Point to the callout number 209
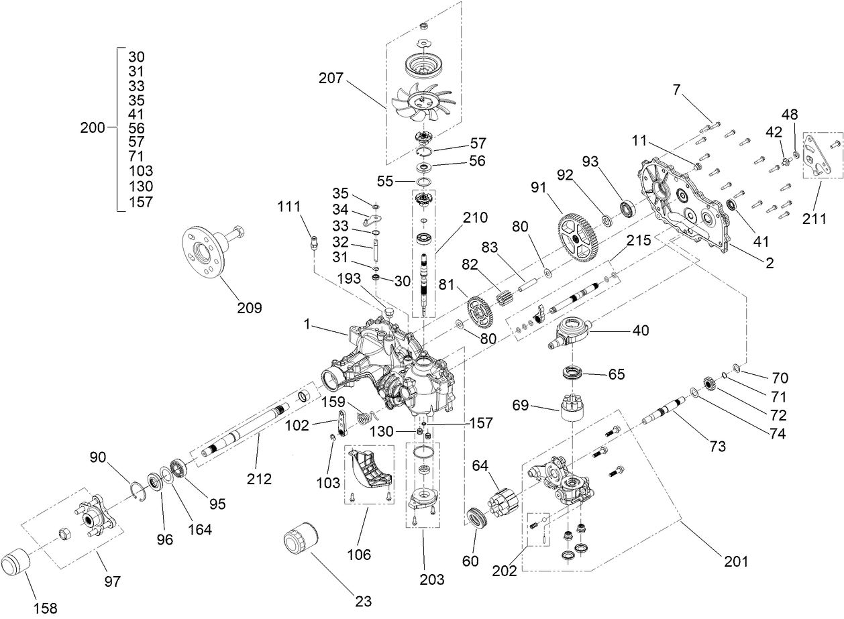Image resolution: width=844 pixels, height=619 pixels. [x=249, y=308]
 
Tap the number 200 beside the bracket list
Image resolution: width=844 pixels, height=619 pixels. [x=92, y=127]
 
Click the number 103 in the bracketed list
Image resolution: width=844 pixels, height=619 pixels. [x=140, y=171]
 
